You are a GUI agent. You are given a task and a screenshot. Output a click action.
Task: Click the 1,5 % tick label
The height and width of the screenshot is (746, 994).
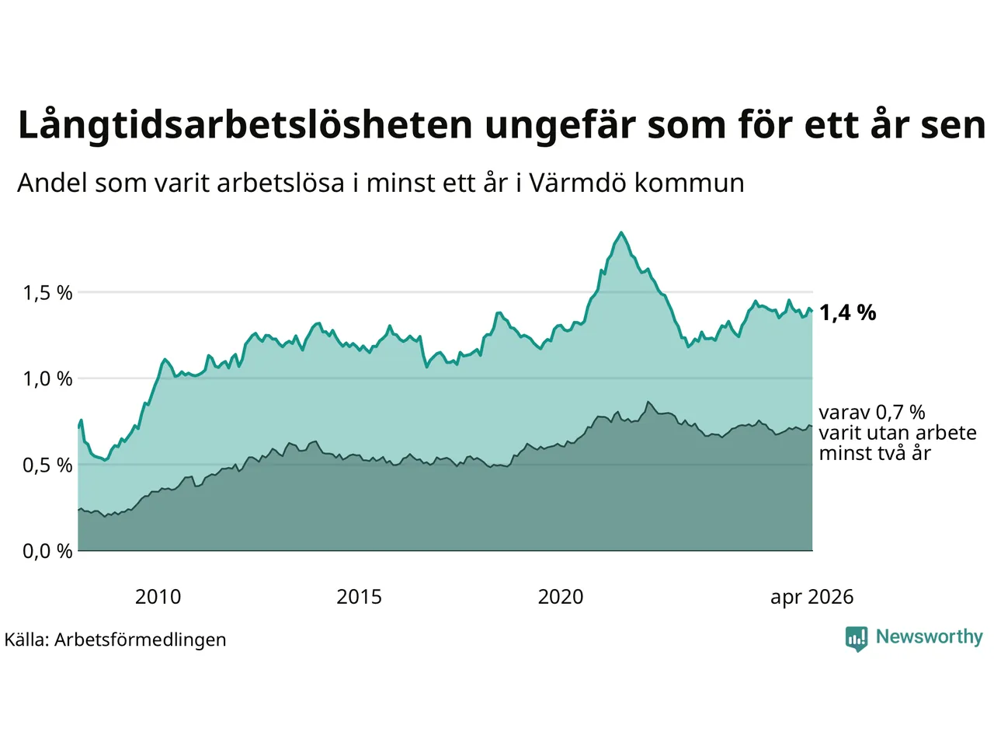coord(47,293)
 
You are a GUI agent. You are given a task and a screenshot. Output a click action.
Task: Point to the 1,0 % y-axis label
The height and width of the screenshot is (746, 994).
coord(47,378)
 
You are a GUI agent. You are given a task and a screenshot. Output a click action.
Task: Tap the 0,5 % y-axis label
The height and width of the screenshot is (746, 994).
coord(47,465)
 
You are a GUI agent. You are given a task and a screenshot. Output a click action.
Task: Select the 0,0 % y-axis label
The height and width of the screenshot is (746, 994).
coord(47,551)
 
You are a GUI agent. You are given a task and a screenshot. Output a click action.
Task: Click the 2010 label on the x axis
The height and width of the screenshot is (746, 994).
coord(158,597)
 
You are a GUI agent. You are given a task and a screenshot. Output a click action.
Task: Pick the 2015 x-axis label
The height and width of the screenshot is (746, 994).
coord(359,597)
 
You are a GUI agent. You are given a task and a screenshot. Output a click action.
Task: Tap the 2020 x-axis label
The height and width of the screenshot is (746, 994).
coord(561,597)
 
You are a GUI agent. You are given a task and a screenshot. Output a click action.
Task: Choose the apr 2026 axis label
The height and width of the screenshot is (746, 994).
coord(812,598)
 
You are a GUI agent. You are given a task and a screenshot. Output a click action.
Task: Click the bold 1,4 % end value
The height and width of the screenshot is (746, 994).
coord(848,313)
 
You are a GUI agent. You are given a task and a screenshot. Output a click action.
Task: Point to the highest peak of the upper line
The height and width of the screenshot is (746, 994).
coord(621,233)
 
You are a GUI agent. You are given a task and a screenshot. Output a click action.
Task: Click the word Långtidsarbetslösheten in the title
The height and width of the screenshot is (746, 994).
coord(245,125)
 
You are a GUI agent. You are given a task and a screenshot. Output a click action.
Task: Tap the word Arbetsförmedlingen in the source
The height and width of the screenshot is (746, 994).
coord(141,640)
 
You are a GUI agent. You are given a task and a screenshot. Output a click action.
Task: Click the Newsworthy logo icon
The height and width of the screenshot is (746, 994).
coord(857,639)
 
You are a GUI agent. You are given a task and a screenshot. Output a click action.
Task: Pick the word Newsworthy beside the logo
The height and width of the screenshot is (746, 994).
coord(930,637)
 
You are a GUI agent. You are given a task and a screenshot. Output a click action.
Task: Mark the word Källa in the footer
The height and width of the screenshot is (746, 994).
coord(26,640)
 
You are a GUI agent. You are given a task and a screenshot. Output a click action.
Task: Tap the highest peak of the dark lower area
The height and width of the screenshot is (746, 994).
coord(648,402)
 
